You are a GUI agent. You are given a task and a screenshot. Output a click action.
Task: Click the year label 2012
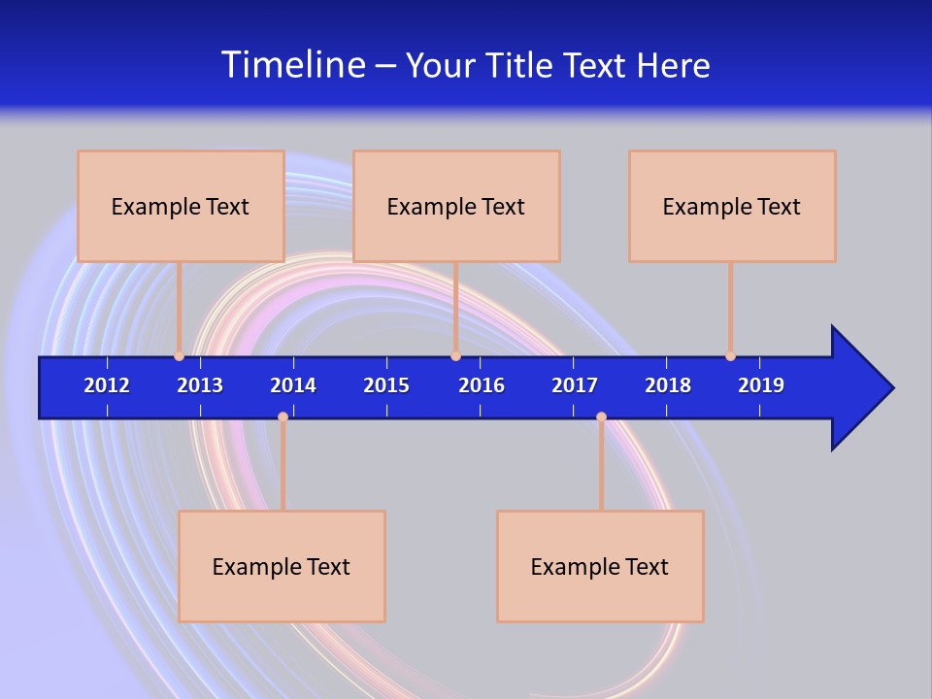click(x=107, y=385)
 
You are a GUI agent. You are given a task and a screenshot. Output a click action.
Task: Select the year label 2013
click(x=200, y=385)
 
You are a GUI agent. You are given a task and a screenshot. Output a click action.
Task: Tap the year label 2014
click(x=293, y=385)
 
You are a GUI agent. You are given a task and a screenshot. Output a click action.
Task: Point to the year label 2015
click(x=386, y=385)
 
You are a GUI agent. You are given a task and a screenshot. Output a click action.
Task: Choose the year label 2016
click(x=482, y=385)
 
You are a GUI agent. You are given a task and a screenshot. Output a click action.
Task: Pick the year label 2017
click(x=575, y=385)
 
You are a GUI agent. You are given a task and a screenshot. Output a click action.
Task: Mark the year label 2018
click(x=668, y=385)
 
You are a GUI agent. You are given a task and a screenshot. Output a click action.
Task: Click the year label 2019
click(x=761, y=385)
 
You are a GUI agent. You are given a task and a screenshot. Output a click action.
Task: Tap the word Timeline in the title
click(x=293, y=65)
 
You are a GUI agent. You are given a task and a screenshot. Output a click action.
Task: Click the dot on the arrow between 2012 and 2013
click(x=179, y=355)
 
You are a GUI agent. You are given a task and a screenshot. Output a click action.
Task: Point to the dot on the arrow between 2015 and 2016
click(x=455, y=355)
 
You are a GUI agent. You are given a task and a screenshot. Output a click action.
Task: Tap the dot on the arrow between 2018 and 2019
click(x=730, y=355)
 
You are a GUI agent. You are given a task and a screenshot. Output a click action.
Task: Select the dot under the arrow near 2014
click(x=283, y=416)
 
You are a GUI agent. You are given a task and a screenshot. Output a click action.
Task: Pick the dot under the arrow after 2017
click(x=601, y=416)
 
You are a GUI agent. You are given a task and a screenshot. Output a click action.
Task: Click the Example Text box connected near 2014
click(x=282, y=566)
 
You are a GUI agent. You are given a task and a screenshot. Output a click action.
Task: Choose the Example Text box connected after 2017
click(x=600, y=566)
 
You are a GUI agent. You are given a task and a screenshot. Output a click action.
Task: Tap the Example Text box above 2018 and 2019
click(x=732, y=206)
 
